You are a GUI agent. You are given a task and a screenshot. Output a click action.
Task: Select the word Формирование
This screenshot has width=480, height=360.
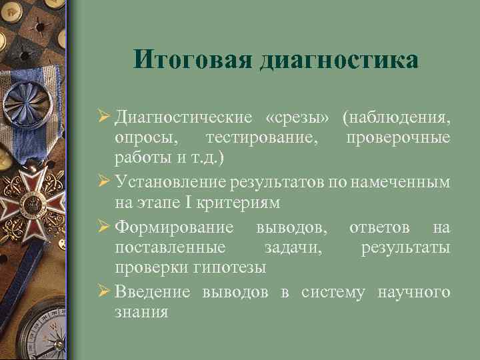[x=174, y=229]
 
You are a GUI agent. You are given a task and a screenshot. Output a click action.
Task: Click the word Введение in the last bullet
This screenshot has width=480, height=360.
[x=153, y=292]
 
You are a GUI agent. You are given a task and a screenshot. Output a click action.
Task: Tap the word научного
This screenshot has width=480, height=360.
[x=413, y=292]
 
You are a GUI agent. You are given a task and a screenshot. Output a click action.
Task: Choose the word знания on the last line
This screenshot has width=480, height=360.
[x=141, y=312]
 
